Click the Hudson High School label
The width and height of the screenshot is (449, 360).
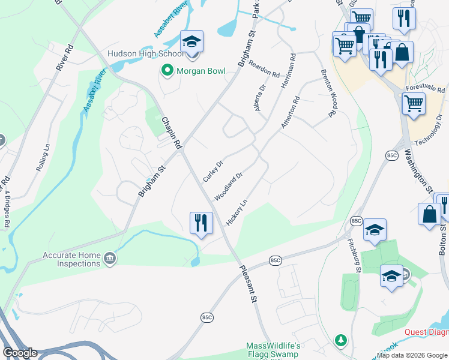pyautogui.click(x=145, y=53)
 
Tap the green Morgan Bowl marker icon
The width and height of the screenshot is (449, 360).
pyautogui.click(x=167, y=71)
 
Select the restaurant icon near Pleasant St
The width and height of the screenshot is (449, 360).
pyautogui.click(x=201, y=223)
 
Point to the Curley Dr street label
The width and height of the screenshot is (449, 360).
pyautogui.click(x=213, y=171)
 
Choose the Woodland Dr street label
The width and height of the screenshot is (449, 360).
pyautogui.click(x=228, y=186)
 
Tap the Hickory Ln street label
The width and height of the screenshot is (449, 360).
pyautogui.click(x=237, y=213)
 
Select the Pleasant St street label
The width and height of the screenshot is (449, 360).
pyautogui.click(x=247, y=284)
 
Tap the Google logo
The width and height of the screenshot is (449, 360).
pyautogui.click(x=20, y=352)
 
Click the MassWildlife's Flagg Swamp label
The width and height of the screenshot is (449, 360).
pyautogui.click(x=274, y=351)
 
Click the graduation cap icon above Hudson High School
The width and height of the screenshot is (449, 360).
pyautogui.click(x=192, y=41)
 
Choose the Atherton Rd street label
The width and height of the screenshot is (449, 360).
pyautogui.click(x=291, y=112)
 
